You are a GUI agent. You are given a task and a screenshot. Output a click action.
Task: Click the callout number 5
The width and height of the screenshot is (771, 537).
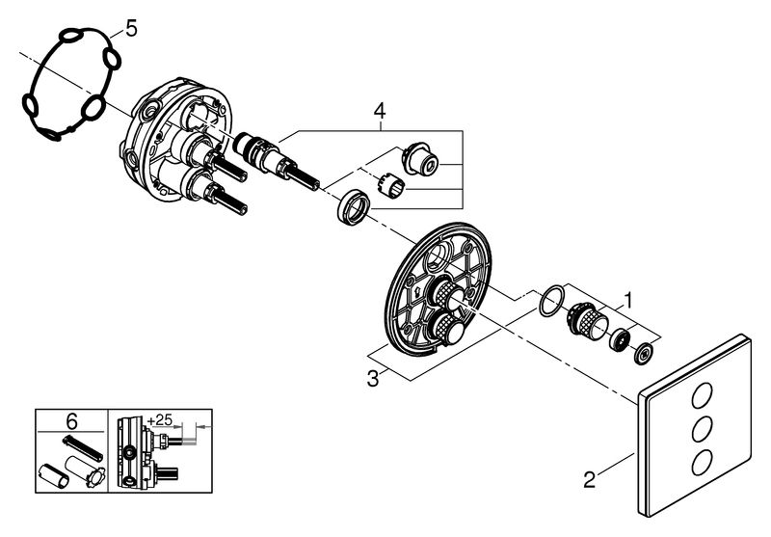131,29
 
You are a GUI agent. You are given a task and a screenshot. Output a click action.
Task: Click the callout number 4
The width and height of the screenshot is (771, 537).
380,111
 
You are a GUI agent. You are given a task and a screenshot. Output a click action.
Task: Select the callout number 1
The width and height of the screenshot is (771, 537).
627,300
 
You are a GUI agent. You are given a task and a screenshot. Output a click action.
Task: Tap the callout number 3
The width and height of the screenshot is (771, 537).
373,379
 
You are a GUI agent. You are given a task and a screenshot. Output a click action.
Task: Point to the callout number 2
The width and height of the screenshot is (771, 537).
589,479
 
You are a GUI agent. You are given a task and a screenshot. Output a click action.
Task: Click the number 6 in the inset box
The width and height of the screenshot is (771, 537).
71,421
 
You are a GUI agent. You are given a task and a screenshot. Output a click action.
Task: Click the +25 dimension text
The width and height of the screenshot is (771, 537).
160,419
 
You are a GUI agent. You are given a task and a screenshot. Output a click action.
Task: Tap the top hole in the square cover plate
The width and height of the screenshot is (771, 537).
702,396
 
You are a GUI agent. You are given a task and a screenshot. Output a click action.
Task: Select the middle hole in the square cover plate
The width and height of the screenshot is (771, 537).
702,429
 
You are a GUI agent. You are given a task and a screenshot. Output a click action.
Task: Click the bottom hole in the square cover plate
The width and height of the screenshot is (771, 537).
702,462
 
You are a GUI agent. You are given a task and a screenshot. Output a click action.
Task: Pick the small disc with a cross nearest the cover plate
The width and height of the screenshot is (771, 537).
643,354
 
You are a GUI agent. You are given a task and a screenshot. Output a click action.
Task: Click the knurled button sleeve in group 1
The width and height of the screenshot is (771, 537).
588,320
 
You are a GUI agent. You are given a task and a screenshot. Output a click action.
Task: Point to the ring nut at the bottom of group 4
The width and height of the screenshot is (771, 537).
352,207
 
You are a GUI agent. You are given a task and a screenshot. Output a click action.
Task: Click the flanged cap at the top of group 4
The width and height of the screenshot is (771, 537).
420,157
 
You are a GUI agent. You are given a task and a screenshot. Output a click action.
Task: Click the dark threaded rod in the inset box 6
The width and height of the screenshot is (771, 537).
83,448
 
